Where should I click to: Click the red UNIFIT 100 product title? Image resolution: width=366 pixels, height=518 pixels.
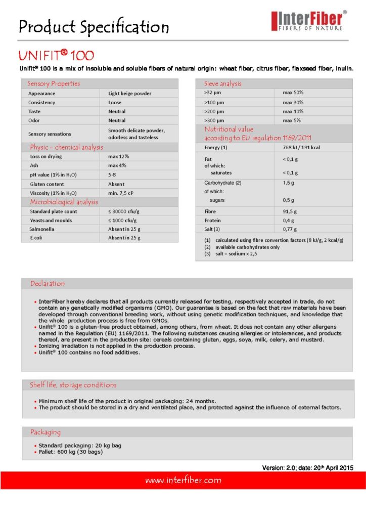tap(56, 55)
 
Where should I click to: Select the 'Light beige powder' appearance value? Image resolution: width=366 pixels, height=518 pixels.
tap(129, 94)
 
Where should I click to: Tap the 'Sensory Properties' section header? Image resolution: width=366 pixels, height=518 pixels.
tap(54, 83)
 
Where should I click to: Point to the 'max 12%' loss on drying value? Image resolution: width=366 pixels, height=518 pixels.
tap(118, 157)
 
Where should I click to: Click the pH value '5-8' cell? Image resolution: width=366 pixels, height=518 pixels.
tap(113, 175)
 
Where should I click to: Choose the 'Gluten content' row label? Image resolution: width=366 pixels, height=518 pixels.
tap(47, 184)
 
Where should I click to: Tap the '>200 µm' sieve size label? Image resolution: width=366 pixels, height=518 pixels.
tap(214, 111)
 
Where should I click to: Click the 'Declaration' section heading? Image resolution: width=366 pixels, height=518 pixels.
tap(48, 284)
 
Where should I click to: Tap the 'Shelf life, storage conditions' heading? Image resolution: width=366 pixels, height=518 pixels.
tap(73, 385)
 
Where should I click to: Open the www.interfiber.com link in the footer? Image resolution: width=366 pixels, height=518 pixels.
tap(183, 480)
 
